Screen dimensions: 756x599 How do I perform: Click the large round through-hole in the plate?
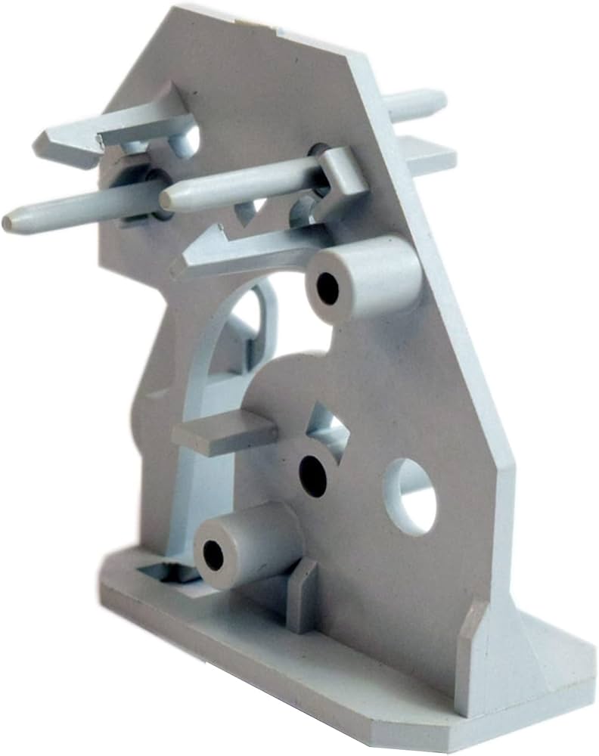click(x=410, y=495)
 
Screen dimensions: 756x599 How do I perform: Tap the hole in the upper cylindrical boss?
click(x=327, y=288)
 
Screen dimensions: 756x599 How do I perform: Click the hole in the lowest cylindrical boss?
click(x=213, y=556)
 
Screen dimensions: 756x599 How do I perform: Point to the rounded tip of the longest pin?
click(x=9, y=223)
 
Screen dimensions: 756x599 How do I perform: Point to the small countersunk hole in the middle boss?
click(x=312, y=475)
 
